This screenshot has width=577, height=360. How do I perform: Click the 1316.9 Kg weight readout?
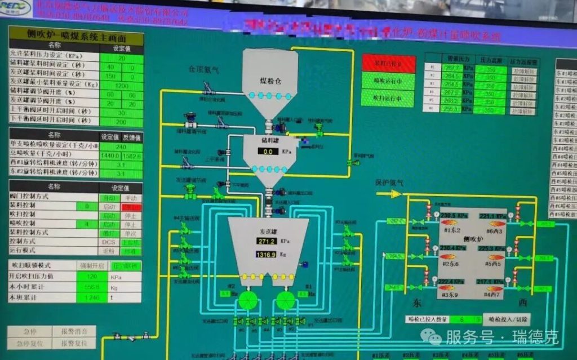266,255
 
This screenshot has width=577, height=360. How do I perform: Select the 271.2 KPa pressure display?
266,241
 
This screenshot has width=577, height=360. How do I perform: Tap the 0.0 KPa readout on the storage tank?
268,151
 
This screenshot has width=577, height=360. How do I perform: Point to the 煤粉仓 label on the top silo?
270,79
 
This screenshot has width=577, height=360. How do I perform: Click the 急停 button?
29,331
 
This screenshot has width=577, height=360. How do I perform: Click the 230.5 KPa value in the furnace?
451,216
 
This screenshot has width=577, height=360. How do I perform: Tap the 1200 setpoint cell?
121,85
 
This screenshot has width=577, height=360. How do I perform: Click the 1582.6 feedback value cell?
132,155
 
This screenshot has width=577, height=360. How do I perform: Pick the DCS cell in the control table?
109,241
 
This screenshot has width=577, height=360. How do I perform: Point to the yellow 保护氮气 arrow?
389,193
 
